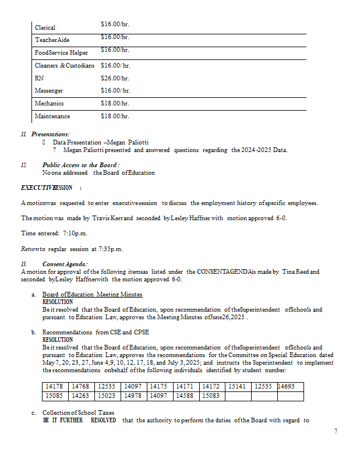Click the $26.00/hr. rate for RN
(115, 78)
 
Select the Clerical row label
(45, 27)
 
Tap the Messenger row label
(48, 91)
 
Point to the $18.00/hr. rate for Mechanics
(115, 103)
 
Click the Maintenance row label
(52, 116)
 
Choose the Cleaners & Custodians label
(64, 66)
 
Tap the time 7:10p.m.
(76, 233)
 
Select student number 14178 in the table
(57, 387)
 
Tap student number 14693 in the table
(290, 387)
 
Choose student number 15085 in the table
(57, 396)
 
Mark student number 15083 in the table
(211, 396)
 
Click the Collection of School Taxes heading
(75, 413)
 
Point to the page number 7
(336, 431)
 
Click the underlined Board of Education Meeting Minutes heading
(92, 295)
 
